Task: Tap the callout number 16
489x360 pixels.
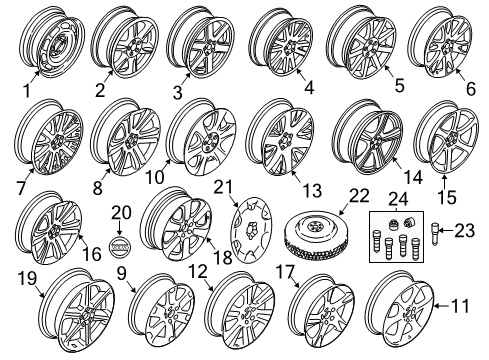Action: (90, 256)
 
